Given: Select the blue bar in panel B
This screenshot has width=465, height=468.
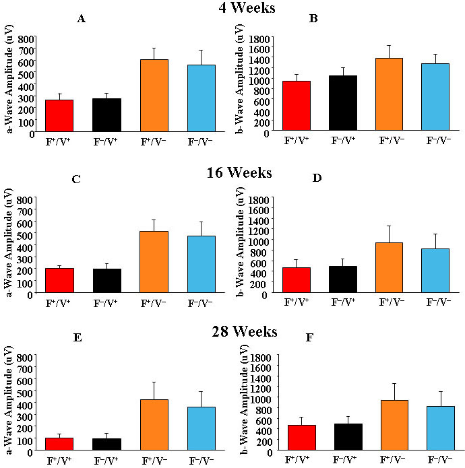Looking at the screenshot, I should pos(435,98).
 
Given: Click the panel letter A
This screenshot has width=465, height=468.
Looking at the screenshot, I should pos(81,19).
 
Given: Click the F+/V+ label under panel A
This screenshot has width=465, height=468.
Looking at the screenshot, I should pos(59,143).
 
